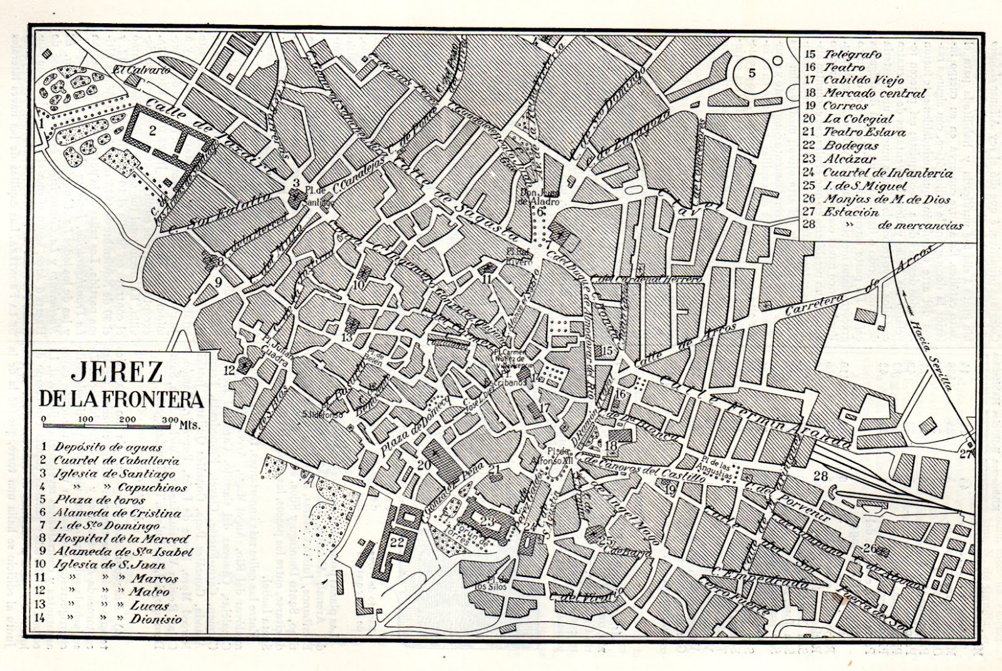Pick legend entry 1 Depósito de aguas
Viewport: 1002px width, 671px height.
point(100,447)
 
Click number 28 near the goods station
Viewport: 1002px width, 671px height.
point(820,477)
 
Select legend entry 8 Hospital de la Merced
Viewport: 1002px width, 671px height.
point(113,538)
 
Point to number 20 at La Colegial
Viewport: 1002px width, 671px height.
point(424,465)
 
